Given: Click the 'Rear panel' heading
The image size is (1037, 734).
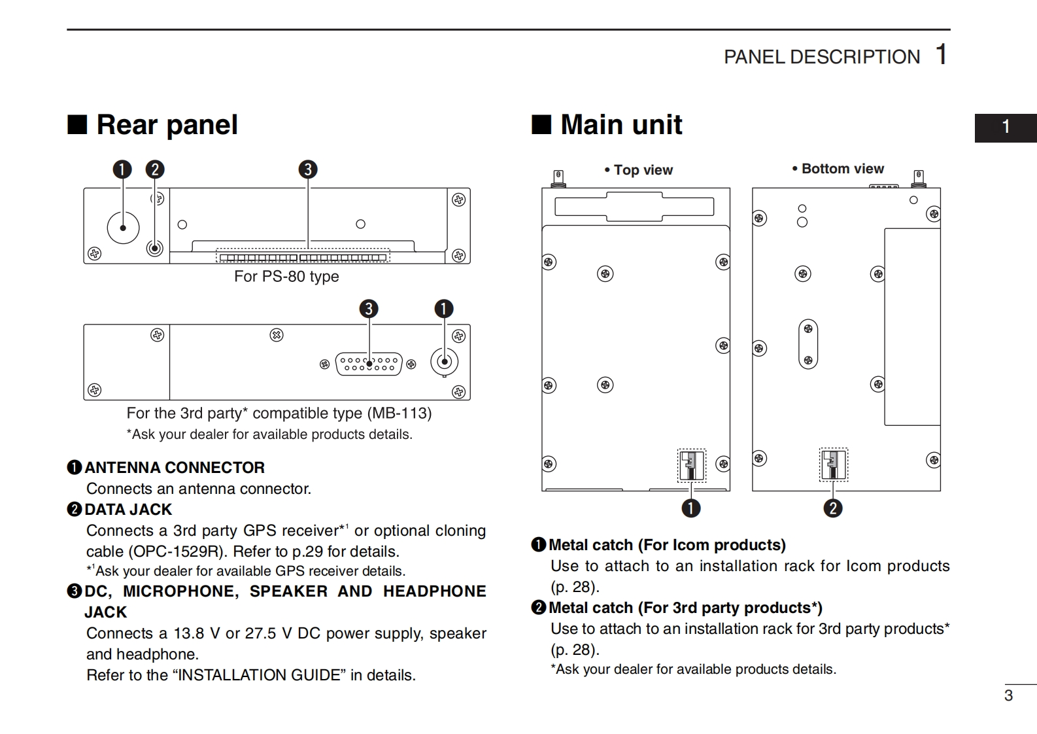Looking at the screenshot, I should click(x=167, y=125).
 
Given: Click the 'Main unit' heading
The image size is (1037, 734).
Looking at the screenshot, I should click(x=620, y=125).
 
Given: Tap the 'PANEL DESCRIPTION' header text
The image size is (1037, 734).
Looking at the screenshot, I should click(x=821, y=57).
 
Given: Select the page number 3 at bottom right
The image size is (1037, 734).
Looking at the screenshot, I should click(x=1008, y=695).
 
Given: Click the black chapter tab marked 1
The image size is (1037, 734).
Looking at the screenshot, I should click(x=1006, y=127).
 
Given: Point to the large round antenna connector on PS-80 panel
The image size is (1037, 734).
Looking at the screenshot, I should click(x=123, y=228).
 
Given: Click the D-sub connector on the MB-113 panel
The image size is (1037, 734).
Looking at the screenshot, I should click(x=369, y=364).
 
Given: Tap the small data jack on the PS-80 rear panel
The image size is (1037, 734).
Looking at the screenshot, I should click(x=155, y=248).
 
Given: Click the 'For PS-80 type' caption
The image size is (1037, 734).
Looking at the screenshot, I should click(x=286, y=276).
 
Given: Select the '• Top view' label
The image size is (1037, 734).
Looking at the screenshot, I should click(x=639, y=170).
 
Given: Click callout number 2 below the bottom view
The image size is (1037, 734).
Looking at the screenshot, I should click(x=832, y=508).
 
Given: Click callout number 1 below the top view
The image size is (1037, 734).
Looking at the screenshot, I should click(x=690, y=508).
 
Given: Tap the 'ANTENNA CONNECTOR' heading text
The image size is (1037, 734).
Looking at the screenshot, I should click(x=175, y=468).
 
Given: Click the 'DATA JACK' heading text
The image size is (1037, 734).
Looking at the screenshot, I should click(x=128, y=510).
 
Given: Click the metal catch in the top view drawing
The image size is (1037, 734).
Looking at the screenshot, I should click(x=691, y=465).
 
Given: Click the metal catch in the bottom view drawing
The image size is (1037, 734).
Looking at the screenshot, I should click(x=833, y=464).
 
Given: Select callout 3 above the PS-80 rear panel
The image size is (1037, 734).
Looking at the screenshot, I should click(x=307, y=169).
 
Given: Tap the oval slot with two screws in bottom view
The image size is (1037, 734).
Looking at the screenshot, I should click(x=808, y=344).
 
